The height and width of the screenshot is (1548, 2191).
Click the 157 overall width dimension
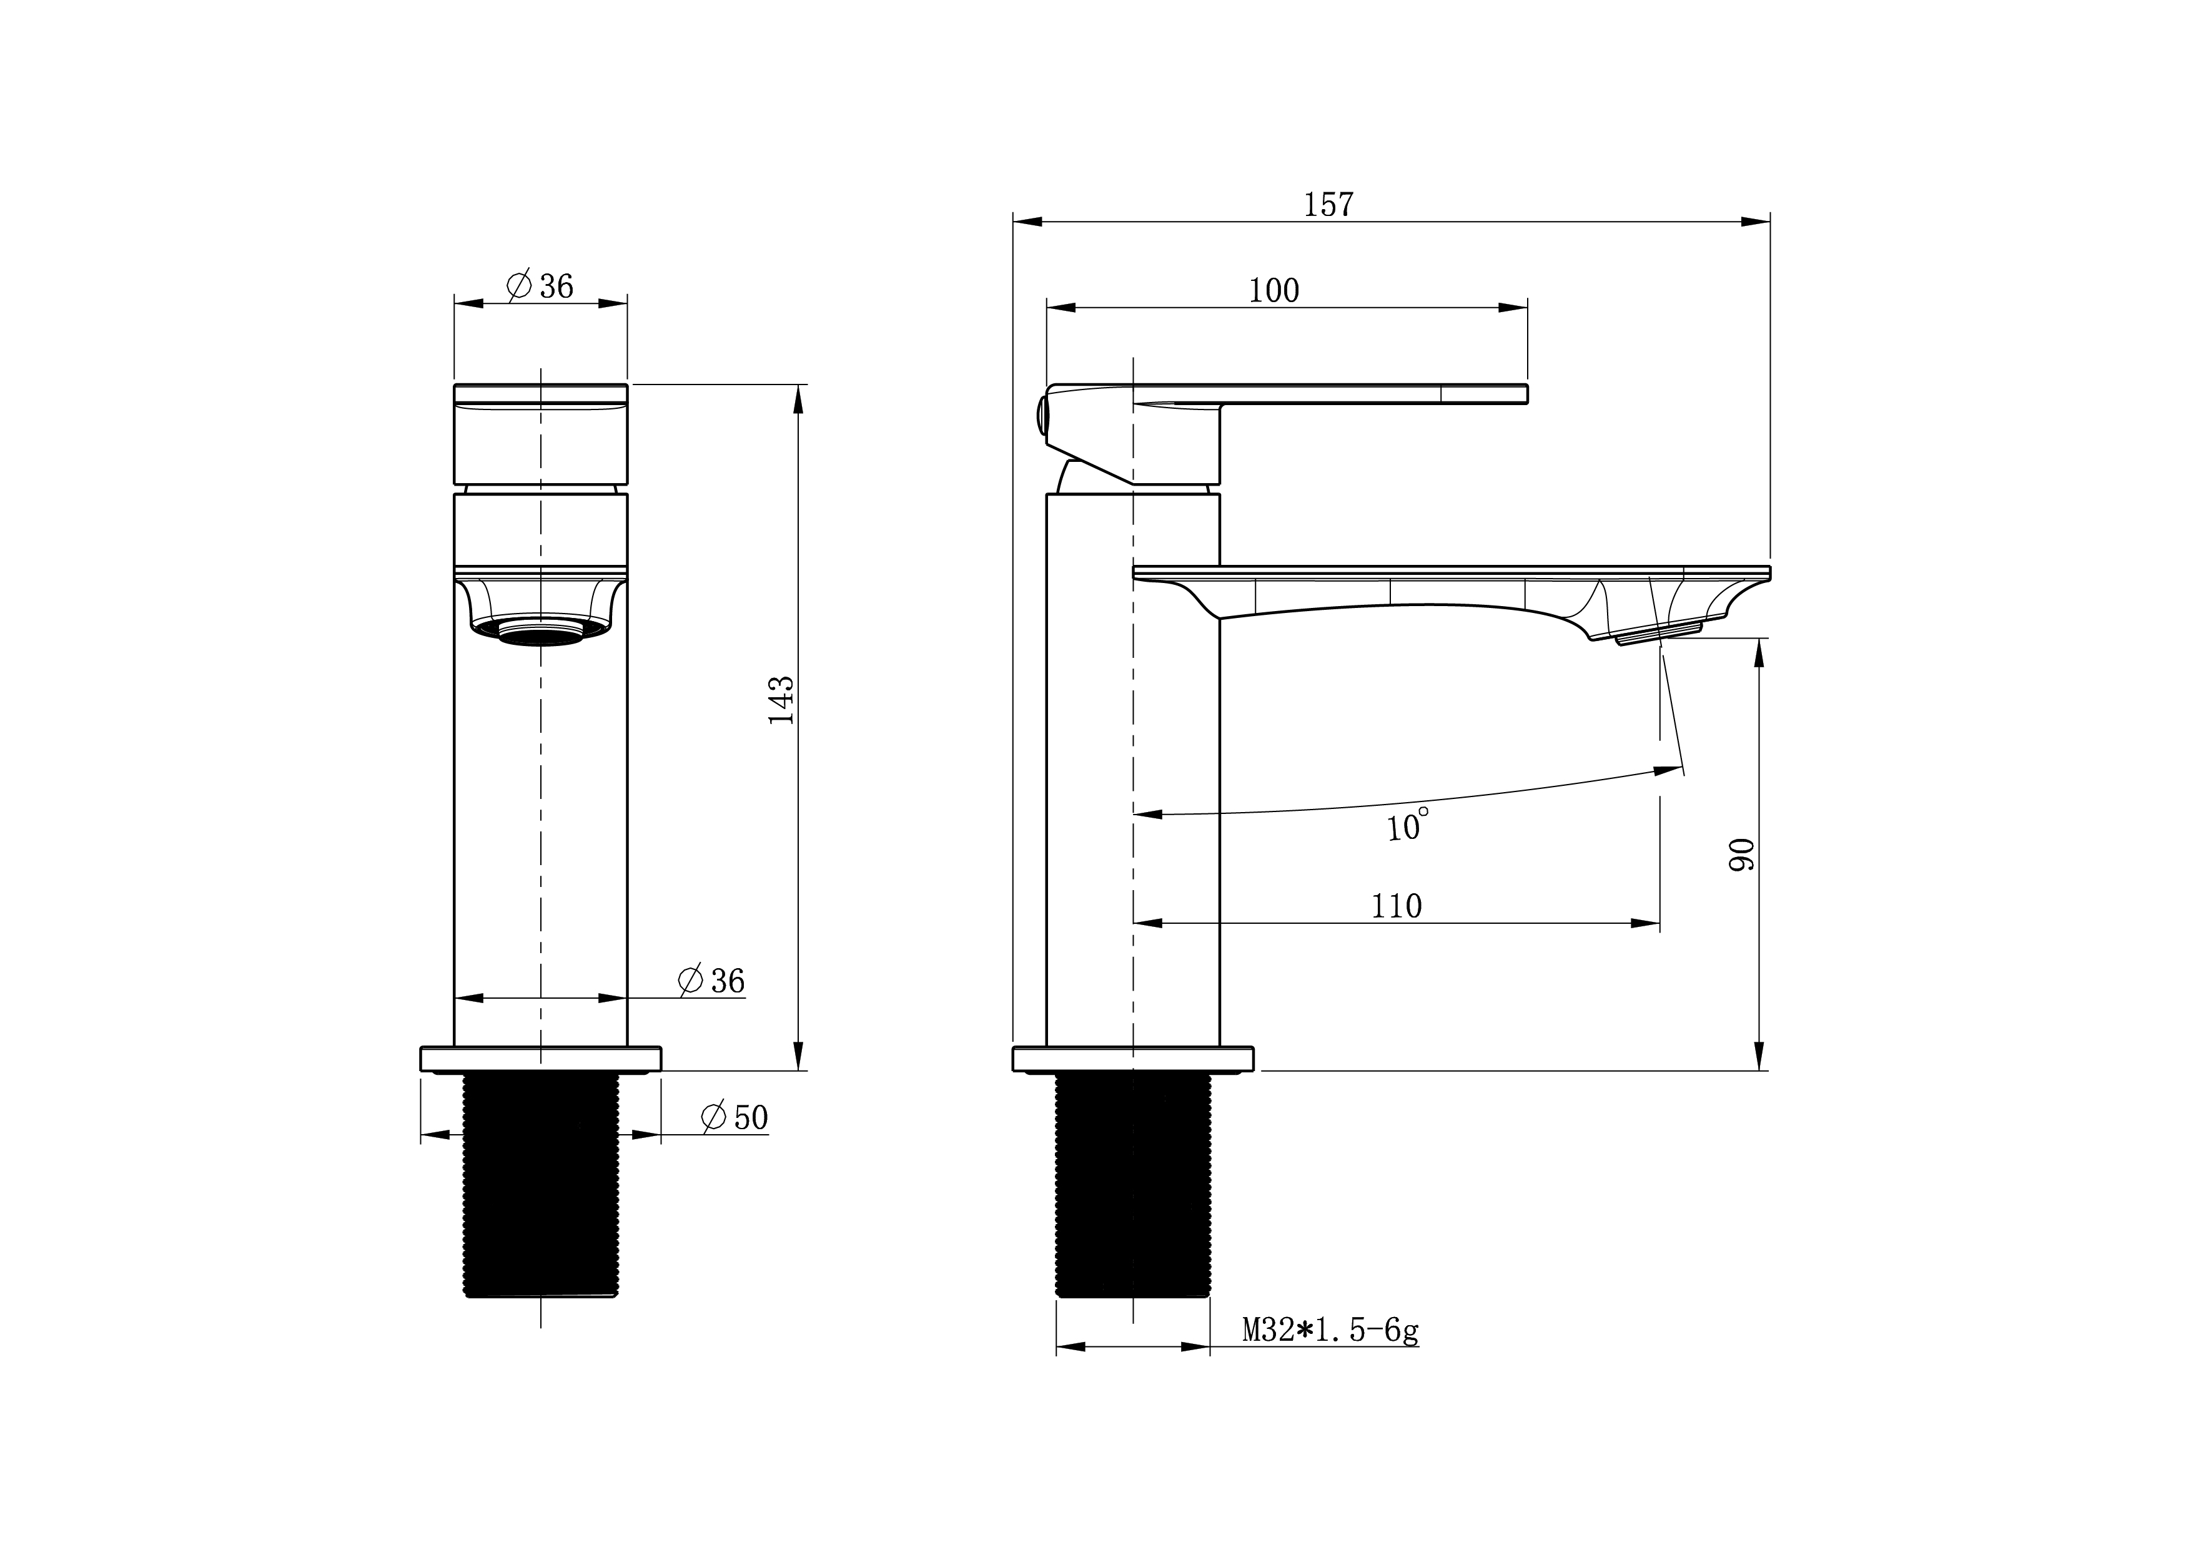(1328, 205)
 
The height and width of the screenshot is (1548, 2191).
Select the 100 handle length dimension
(1274, 291)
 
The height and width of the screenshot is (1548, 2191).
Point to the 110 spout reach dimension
(1396, 906)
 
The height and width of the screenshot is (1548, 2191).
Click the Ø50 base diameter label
(734, 1118)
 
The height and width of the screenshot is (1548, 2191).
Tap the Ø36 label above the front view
(540, 285)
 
